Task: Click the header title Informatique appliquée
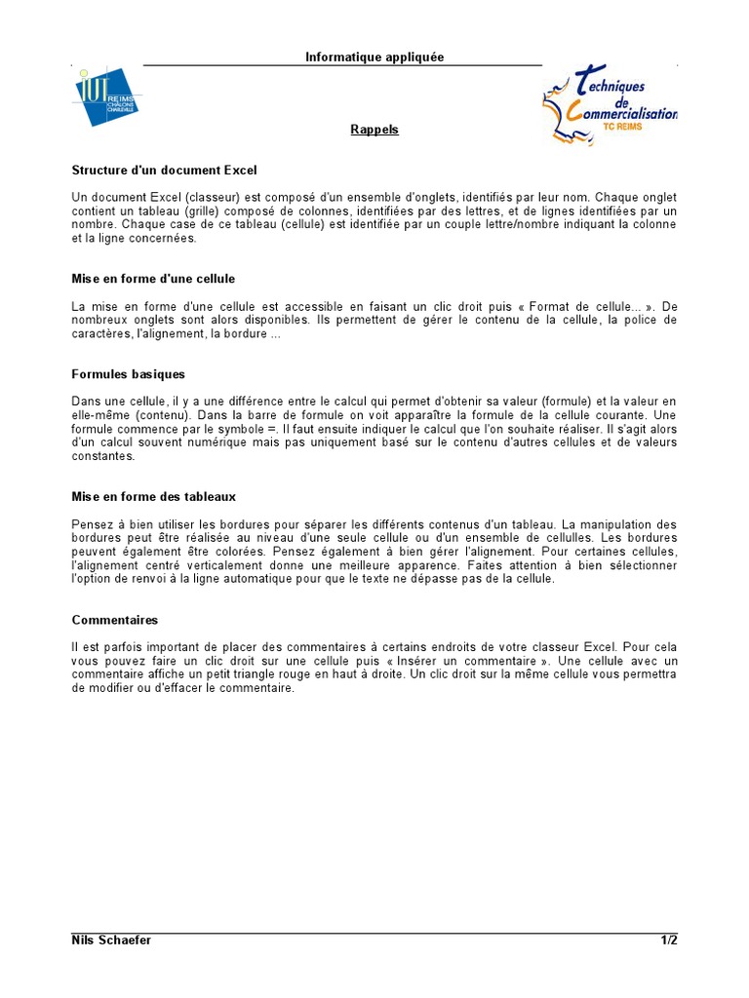point(374,58)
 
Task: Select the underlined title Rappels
point(374,130)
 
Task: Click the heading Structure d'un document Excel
point(164,170)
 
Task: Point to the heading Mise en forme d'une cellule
point(153,279)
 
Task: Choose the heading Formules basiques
point(128,374)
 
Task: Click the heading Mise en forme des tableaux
point(154,496)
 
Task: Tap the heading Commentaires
point(115,620)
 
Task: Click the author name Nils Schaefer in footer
point(111,940)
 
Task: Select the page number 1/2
point(668,940)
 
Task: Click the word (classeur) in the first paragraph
point(213,197)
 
